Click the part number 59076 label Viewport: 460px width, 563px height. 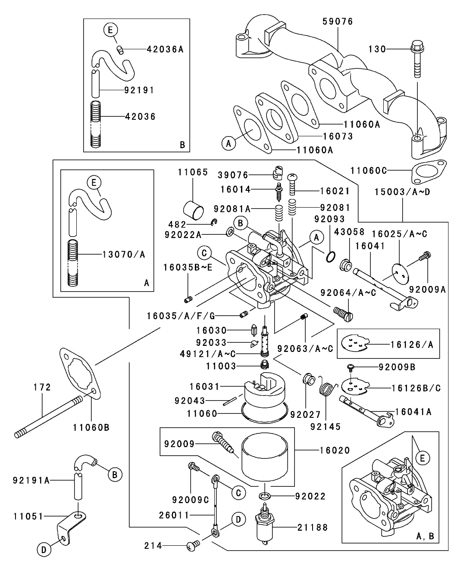(338, 22)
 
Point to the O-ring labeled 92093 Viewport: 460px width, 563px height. (330, 257)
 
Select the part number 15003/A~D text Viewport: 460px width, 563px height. (402, 192)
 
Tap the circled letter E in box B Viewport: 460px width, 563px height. (110, 30)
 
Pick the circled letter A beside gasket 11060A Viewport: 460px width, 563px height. (230, 143)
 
